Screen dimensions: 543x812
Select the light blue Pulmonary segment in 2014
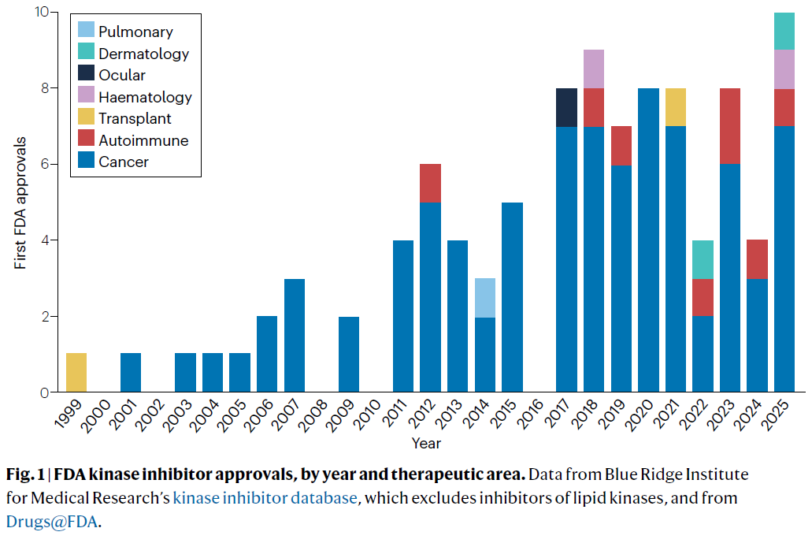pos(484,297)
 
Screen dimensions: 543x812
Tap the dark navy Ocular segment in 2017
pos(566,107)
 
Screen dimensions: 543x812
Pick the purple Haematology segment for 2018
pos(593,69)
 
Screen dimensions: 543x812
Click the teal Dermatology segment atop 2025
pos(784,31)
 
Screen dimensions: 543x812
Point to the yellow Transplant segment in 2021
pos(675,107)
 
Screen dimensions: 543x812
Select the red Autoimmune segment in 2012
pos(430,183)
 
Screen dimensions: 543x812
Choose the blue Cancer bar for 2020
pos(647,240)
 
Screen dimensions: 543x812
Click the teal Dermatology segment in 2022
pos(702,259)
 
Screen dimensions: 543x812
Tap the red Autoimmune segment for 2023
pos(729,126)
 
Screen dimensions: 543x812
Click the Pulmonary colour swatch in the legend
pos(85,32)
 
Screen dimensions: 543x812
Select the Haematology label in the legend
pos(145,98)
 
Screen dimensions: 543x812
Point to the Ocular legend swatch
pos(85,76)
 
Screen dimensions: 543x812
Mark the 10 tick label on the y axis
pos(40,13)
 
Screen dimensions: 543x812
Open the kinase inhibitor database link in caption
pos(265,498)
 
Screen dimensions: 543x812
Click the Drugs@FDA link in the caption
pos(51,521)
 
